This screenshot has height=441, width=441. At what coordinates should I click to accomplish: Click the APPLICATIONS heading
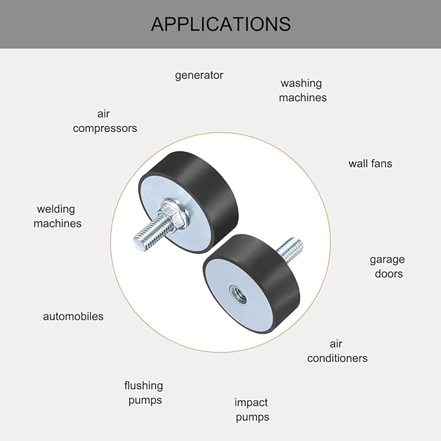click(x=221, y=24)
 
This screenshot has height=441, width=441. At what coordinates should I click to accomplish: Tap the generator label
click(x=199, y=75)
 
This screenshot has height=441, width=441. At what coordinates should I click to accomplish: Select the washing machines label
click(x=303, y=90)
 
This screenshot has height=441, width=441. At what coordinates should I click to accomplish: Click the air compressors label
click(x=105, y=121)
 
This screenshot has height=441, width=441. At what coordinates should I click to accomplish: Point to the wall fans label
click(x=370, y=164)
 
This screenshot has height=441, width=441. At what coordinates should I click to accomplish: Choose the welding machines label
click(x=57, y=216)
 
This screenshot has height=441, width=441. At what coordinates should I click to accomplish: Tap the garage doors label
click(x=388, y=266)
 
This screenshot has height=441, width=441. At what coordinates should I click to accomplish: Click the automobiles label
click(x=73, y=316)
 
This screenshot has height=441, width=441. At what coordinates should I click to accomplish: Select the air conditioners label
click(x=337, y=351)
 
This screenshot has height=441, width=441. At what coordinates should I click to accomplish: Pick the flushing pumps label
click(x=144, y=393)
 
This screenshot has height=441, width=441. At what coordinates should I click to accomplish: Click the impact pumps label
click(x=252, y=410)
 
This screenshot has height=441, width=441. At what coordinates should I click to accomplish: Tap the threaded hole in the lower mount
click(x=238, y=294)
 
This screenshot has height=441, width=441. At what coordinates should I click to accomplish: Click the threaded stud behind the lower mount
click(x=290, y=249)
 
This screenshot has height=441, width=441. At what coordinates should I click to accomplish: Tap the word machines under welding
click(x=57, y=223)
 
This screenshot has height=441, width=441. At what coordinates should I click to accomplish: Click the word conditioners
click(x=337, y=359)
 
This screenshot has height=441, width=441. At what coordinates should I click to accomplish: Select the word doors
click(x=388, y=273)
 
